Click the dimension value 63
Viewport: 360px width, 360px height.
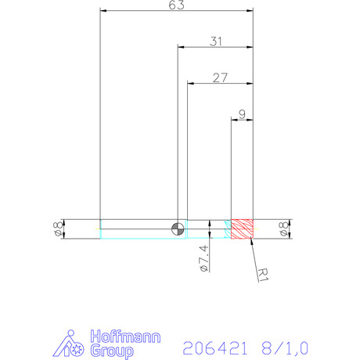click(177, 5)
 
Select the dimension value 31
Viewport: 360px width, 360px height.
click(216, 41)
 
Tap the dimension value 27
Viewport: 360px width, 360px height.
click(220, 77)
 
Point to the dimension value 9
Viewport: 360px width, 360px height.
click(243, 114)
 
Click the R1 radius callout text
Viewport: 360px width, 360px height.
click(263, 275)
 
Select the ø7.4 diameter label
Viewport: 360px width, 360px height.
click(204, 258)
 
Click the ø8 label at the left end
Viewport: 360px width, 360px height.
click(58, 229)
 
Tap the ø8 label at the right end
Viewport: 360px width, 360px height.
click(284, 229)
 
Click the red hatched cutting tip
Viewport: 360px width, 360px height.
click(242, 229)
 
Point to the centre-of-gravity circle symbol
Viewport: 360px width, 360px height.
click(178, 229)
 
